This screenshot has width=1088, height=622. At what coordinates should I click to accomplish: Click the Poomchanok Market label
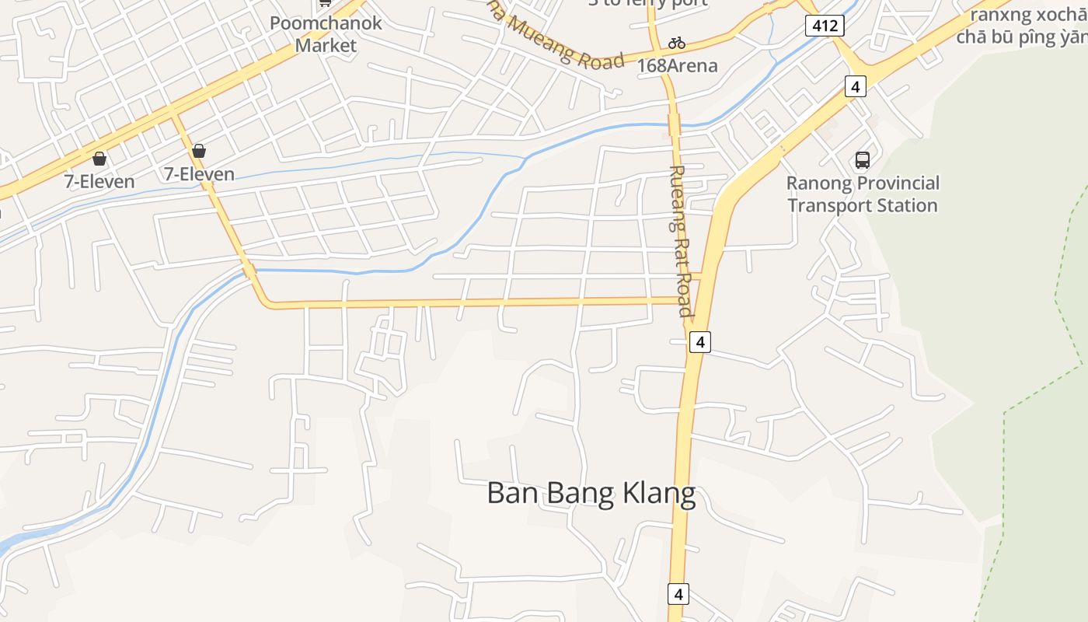326,33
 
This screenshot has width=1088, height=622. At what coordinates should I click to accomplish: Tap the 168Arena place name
677,65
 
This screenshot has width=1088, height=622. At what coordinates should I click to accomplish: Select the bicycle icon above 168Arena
677,42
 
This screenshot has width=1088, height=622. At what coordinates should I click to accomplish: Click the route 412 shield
824,26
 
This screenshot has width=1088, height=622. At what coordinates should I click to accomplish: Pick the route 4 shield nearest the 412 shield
855,86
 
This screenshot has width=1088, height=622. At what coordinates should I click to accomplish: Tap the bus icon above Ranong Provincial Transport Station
862,160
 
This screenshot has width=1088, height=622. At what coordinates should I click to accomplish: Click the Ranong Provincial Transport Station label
862,194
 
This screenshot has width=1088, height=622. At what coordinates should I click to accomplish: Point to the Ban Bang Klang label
591,493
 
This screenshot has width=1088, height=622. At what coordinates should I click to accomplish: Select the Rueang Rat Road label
680,241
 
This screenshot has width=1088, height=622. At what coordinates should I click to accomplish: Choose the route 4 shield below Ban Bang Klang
678,594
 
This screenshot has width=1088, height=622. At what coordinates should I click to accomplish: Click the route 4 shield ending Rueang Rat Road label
699,341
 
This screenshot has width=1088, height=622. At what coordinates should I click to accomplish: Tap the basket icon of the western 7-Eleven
99,159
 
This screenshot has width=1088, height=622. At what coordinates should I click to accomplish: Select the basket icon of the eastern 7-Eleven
199,151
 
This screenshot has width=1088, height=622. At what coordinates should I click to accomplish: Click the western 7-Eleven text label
99,182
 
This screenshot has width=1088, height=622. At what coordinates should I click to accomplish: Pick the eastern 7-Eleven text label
199,174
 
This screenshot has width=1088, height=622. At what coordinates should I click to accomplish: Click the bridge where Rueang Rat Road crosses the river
674,124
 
